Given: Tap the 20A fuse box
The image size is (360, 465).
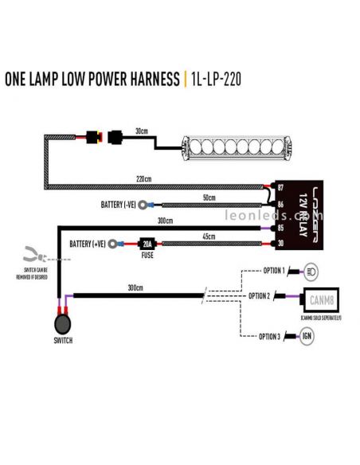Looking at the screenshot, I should click(147, 244).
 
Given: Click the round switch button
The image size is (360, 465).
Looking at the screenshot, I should click(62, 326).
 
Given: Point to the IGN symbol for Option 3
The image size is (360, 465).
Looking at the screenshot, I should click(307, 337).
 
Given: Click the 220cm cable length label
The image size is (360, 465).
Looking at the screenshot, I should click(143, 179).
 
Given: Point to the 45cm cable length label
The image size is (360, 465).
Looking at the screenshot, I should click(209, 236).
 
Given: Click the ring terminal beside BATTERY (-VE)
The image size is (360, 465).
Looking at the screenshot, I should click(143, 204).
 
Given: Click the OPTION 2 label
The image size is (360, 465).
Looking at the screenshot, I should click(260, 296).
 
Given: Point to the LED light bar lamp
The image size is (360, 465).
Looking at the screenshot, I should click(221, 148).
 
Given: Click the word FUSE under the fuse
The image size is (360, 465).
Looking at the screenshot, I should click(147, 256).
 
